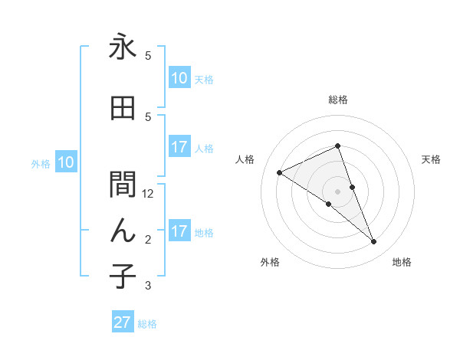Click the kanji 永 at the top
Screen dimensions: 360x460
[x=123, y=47]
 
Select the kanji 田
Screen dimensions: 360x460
[x=123, y=109]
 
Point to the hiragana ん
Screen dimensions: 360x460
[x=123, y=230]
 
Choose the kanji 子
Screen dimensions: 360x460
[x=123, y=276]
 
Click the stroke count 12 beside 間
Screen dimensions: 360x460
[x=149, y=194]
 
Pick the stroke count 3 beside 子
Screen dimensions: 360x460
[x=148, y=286]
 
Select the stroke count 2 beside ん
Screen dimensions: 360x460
[x=148, y=240]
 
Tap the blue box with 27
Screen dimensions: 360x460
[x=123, y=322]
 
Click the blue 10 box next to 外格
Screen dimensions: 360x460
[x=65, y=162]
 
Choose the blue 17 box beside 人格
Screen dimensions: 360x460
[x=179, y=147]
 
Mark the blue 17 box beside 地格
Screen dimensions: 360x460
[x=179, y=231]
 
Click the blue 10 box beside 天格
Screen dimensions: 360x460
[x=179, y=78]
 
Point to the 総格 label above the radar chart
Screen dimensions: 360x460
[x=338, y=100]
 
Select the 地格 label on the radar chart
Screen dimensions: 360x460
[x=402, y=263]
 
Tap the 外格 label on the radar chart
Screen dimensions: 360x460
[x=270, y=263]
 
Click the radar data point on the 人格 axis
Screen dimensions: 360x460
[x=280, y=172]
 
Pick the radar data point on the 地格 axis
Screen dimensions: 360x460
[x=374, y=242]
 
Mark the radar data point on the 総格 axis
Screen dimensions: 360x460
[x=338, y=146]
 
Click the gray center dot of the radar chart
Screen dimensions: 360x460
[x=338, y=191]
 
